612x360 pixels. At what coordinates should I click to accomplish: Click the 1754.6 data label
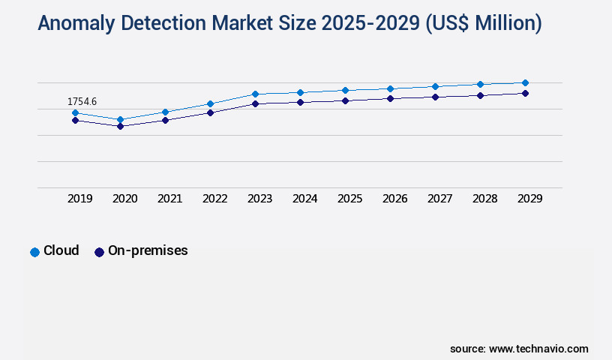[x=82, y=101]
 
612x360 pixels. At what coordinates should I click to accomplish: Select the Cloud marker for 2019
[x=75, y=112]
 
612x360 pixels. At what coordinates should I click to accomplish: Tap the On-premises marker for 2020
[x=120, y=126]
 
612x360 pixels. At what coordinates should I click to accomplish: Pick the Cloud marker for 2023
[x=255, y=94]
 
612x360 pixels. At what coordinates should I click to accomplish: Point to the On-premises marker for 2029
[x=525, y=93]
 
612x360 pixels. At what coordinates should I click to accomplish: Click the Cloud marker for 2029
[x=525, y=82]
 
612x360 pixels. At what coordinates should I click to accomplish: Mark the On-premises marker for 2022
[x=210, y=112]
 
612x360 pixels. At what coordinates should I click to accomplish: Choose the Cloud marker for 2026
[x=390, y=88]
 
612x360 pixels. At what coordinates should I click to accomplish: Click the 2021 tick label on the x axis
[x=169, y=199]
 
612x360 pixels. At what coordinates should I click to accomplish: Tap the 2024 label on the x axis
[x=304, y=199]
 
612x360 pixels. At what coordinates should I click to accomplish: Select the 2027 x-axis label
[x=439, y=199]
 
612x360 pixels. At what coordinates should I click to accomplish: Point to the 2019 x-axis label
[x=79, y=199]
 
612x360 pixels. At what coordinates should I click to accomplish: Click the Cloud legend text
[x=61, y=250]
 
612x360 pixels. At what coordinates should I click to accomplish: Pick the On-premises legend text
[x=148, y=250]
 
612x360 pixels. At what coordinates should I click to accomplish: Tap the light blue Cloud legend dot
[x=34, y=252]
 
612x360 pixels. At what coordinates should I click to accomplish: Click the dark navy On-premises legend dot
[x=99, y=252]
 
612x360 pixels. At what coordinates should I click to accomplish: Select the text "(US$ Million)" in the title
[x=483, y=24]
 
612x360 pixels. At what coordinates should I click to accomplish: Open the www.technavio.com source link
[x=538, y=349]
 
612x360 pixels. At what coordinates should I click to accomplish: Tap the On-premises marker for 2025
[x=345, y=100]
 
